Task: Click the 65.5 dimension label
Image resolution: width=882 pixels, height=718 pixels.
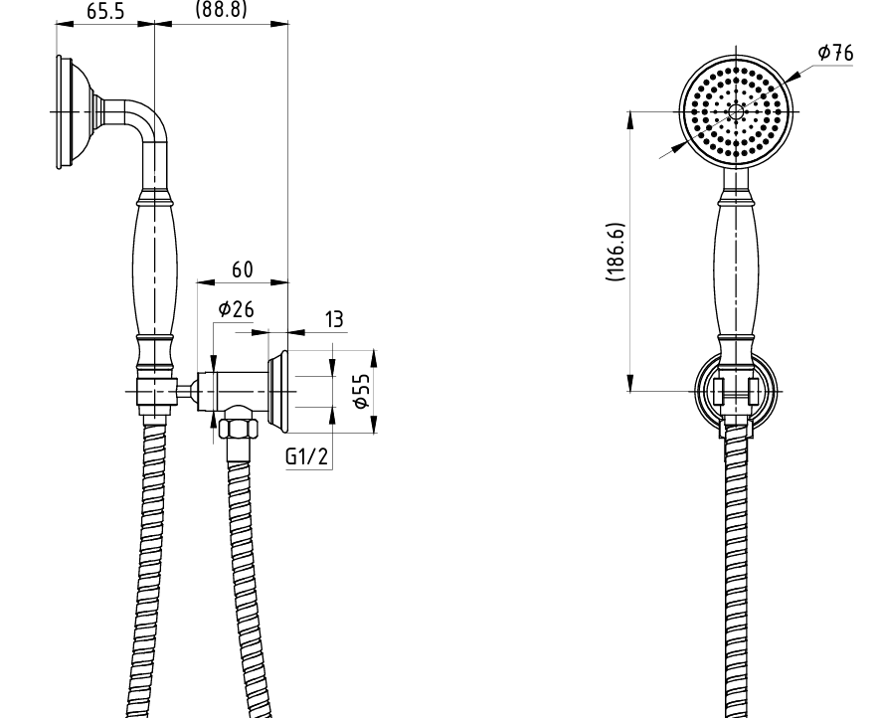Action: click(105, 11)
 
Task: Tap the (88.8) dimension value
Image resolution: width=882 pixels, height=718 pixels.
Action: click(221, 8)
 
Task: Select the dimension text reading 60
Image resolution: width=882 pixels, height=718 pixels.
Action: click(243, 270)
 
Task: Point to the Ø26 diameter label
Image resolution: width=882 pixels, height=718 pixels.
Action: click(236, 309)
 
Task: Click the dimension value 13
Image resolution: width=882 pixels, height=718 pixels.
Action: click(333, 319)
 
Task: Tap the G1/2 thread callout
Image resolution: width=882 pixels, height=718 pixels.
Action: click(306, 456)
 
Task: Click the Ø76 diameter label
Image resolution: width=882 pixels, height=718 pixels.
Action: click(835, 53)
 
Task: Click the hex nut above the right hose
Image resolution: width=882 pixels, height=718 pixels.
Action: click(239, 430)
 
